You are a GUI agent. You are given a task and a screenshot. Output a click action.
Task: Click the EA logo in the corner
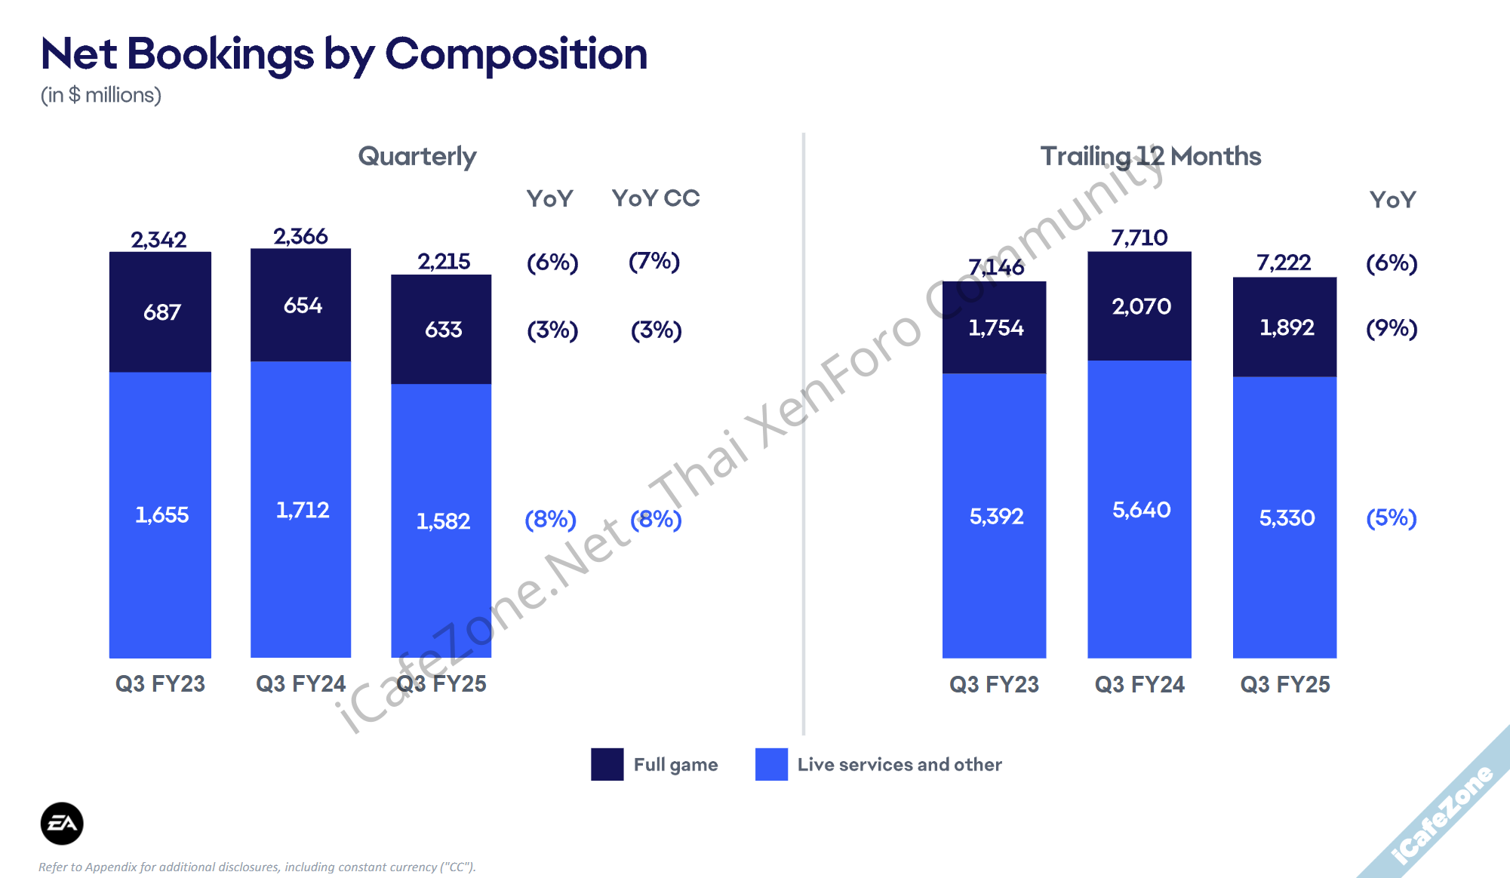click(x=62, y=823)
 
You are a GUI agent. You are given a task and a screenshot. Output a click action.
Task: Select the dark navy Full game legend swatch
click(x=607, y=764)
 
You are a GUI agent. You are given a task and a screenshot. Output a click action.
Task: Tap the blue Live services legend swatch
click(x=771, y=764)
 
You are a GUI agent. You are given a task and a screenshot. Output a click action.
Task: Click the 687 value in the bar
click(x=161, y=312)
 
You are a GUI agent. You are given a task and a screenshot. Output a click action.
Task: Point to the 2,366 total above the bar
click(x=300, y=237)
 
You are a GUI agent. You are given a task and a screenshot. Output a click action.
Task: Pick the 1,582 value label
click(x=443, y=521)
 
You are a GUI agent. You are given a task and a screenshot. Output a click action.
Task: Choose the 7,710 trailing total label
click(x=1139, y=238)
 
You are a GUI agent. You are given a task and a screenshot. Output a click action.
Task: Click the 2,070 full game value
click(x=1141, y=306)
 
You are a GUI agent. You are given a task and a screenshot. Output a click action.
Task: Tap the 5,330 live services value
click(x=1287, y=518)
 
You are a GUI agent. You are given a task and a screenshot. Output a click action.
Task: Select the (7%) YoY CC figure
click(x=654, y=262)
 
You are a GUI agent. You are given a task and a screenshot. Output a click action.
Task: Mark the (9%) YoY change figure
click(x=1392, y=328)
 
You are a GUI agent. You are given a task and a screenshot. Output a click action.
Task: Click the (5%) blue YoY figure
click(x=1392, y=518)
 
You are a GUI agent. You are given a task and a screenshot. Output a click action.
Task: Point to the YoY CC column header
click(x=656, y=198)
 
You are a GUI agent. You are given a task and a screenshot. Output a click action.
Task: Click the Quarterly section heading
click(x=417, y=156)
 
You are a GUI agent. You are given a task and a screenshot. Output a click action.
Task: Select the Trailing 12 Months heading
click(x=1150, y=156)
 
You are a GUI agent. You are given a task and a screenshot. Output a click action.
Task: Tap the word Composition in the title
click(x=516, y=54)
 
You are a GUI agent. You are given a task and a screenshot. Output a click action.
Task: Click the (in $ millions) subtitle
click(x=101, y=95)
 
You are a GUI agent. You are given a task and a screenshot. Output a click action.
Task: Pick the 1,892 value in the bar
click(x=1287, y=327)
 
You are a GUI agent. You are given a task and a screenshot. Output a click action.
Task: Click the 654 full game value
click(x=303, y=305)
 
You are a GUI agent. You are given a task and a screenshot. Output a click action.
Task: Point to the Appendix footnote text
click(x=257, y=867)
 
